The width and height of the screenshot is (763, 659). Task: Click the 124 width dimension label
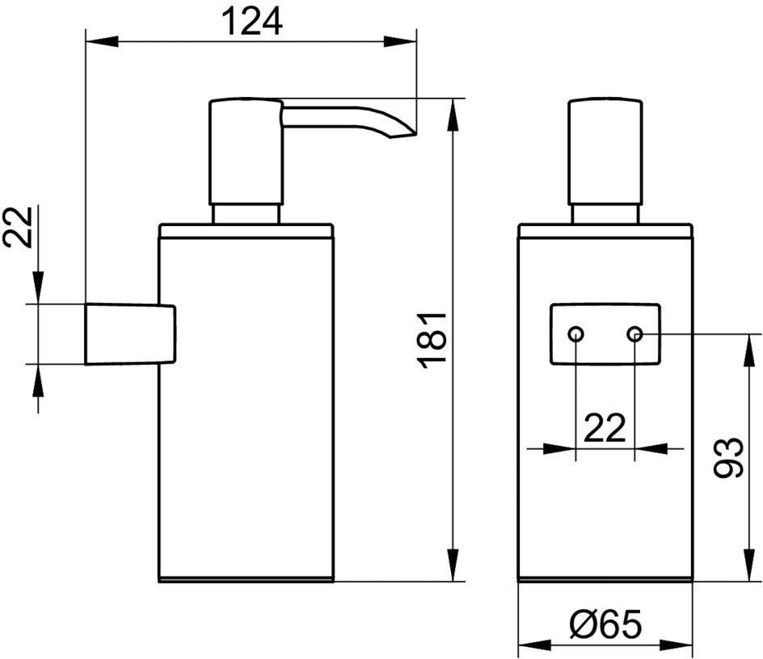pyautogui.click(x=251, y=22)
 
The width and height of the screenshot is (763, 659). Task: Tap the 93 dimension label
pyautogui.click(x=728, y=457)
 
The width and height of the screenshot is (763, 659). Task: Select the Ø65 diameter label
pyautogui.click(x=605, y=624)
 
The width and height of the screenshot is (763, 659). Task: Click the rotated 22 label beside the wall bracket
pyautogui.click(x=18, y=227)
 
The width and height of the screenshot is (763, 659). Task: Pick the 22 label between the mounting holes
pyautogui.click(x=605, y=428)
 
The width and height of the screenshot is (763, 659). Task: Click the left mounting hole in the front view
pyautogui.click(x=575, y=334)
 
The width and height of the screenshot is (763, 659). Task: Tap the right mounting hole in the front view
pyautogui.click(x=634, y=334)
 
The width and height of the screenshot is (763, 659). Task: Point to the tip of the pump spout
pyautogui.click(x=416, y=132)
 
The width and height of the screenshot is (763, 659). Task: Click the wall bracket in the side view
pyautogui.click(x=130, y=334)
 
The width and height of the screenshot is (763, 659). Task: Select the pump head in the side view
pyautogui.click(x=246, y=152)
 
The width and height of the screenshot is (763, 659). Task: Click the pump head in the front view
pyautogui.click(x=605, y=152)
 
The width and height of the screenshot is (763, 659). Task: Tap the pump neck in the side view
pyautogui.click(x=247, y=215)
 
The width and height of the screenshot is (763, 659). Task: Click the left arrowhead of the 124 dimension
pyautogui.click(x=102, y=41)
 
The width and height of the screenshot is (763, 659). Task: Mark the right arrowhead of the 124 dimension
pyautogui.click(x=400, y=41)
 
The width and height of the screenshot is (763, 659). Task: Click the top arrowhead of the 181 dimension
pyautogui.click(x=453, y=115)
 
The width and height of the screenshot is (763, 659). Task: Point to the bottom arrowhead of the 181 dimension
pyautogui.click(x=453, y=565)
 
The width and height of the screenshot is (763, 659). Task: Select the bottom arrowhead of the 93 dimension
pyautogui.click(x=750, y=565)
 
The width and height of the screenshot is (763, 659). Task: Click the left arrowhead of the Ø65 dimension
pyautogui.click(x=535, y=646)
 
